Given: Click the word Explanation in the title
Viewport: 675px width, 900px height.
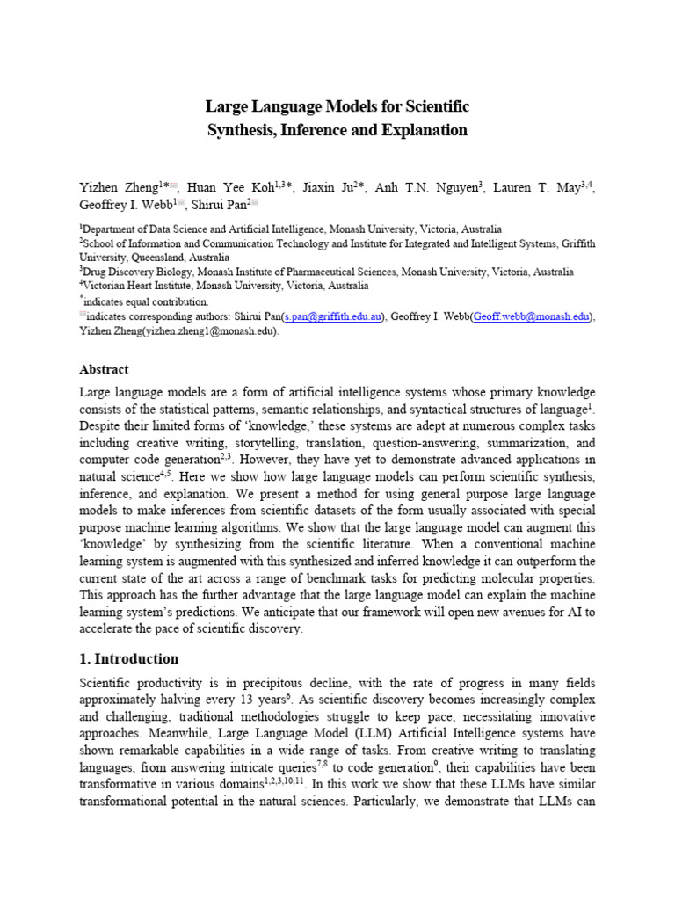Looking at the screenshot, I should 421,131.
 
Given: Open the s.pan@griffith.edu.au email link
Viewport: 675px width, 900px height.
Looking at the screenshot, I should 331,317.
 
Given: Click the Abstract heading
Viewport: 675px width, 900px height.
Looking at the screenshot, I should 104,369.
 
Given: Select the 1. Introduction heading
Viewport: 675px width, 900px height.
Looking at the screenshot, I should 128,659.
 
